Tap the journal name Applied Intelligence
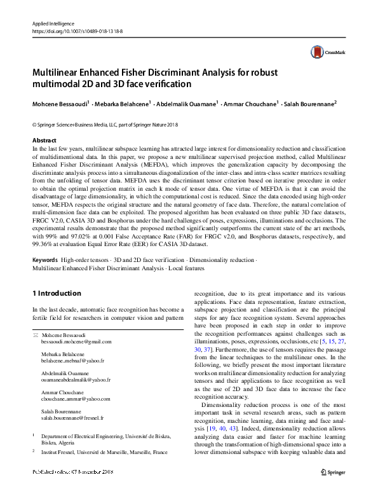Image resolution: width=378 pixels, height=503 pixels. click(x=55, y=22)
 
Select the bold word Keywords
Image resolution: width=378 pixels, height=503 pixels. click(x=46, y=260)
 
